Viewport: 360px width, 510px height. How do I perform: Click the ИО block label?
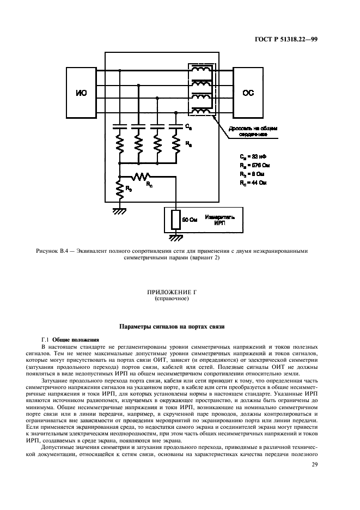pos(80,93)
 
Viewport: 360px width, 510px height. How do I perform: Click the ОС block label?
pos(248,93)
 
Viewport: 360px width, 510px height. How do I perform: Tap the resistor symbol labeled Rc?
pos(143,177)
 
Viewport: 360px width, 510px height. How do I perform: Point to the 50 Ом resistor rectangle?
pos(175,219)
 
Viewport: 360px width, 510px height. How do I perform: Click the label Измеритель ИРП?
pos(220,219)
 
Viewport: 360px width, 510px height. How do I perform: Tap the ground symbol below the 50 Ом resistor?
pos(175,237)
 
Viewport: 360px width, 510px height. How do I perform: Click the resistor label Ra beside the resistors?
pos(188,145)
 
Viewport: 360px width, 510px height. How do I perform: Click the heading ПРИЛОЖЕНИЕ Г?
pos(179,293)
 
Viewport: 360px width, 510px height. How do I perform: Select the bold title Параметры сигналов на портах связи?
pos(179,326)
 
